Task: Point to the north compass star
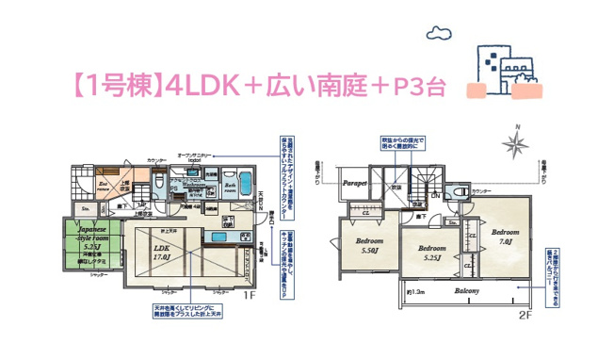click(x=515, y=143)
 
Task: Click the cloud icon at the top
click(x=440, y=35)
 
